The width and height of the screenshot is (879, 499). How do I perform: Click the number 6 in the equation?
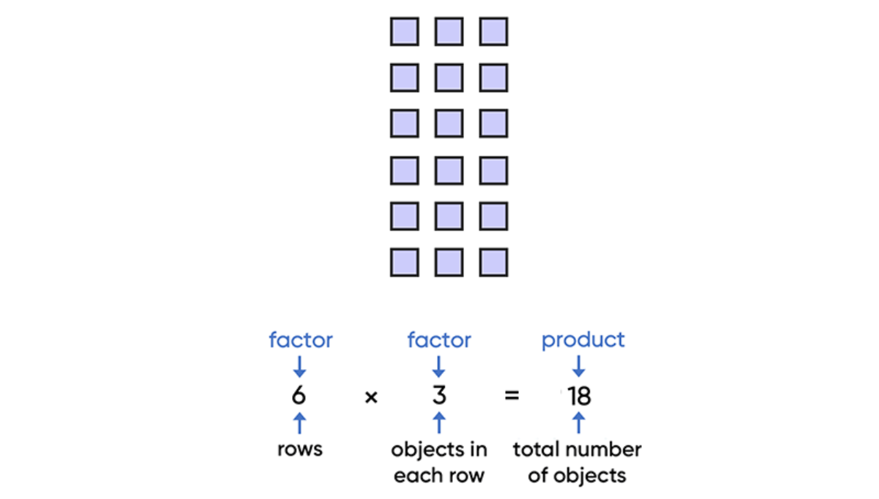(x=299, y=396)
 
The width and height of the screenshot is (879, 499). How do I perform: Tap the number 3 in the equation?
(x=439, y=396)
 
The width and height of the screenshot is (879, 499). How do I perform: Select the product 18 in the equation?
(x=579, y=397)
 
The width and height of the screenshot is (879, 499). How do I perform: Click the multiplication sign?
(x=371, y=397)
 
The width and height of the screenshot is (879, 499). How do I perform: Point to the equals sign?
(x=512, y=396)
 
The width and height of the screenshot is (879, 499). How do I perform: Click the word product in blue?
(x=583, y=340)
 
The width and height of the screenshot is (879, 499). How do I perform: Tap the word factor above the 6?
(x=300, y=340)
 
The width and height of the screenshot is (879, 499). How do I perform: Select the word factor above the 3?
(x=439, y=340)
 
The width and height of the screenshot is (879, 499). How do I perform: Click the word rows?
(x=300, y=450)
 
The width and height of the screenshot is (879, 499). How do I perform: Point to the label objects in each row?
(x=439, y=462)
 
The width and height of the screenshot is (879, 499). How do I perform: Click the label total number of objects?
(x=577, y=462)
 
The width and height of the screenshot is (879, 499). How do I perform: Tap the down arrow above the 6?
(x=299, y=367)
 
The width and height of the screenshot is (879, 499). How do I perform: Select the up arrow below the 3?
(x=439, y=423)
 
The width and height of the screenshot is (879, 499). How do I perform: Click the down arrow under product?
(x=579, y=366)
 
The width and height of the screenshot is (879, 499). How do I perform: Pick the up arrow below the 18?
(x=579, y=423)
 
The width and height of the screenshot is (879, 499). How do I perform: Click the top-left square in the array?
(x=404, y=32)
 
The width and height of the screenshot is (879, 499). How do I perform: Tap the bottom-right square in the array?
(x=493, y=263)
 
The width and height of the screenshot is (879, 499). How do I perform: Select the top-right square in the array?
(x=493, y=32)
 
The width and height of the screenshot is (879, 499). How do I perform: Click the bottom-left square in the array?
(x=404, y=263)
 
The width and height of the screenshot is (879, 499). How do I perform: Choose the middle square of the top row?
(x=449, y=32)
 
